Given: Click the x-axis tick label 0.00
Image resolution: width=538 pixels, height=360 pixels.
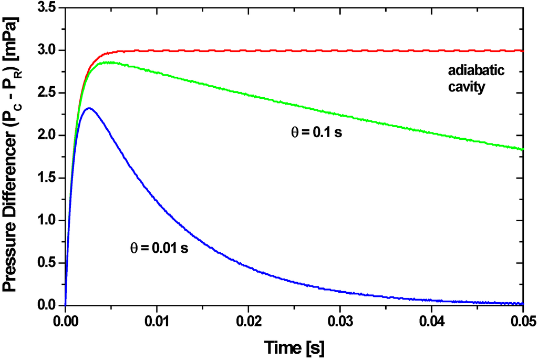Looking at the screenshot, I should click(65, 320).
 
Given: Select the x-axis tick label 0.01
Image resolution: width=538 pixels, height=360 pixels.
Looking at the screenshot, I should click(157, 320).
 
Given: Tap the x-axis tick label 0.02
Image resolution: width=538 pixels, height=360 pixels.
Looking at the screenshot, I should click(249, 320).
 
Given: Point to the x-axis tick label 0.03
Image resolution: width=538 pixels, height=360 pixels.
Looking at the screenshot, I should click(340, 320).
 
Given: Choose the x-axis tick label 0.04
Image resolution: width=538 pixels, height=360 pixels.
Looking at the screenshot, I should click(432, 320).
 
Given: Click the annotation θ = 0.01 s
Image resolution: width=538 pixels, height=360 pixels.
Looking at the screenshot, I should click(159, 248).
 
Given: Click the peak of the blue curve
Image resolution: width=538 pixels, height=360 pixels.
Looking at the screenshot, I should click(89, 108).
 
